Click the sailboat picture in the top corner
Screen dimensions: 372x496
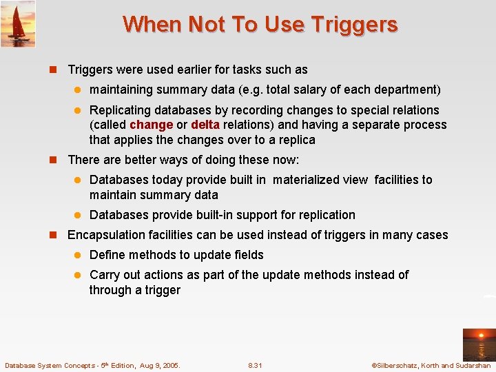tap(18, 23)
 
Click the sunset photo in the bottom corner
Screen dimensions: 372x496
tap(478, 344)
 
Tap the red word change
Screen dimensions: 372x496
tap(151, 125)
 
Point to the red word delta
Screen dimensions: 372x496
tap(205, 125)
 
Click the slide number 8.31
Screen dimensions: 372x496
tap(255, 365)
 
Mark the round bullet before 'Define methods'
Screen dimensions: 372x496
tap(79, 256)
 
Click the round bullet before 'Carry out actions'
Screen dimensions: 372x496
tap(79, 275)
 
